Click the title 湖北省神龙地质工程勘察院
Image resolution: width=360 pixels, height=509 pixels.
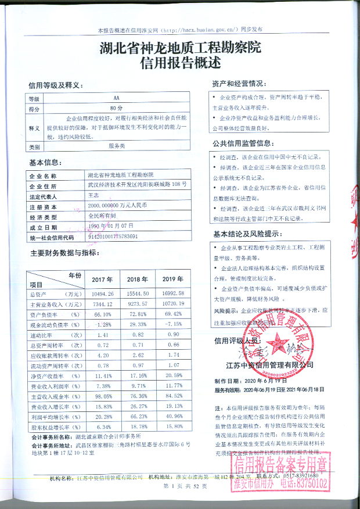click(180, 48)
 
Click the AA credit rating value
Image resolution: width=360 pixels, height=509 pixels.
click(116, 99)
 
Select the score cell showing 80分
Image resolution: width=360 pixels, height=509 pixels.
click(116, 109)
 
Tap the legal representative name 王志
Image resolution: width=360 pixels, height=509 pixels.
click(92, 196)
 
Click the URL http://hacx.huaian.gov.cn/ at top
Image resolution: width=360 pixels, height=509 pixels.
click(199, 28)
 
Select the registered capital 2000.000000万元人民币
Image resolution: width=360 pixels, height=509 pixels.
click(117, 206)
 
